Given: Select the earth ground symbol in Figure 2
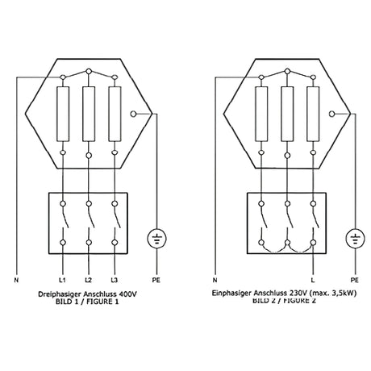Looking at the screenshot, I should click(x=352, y=240).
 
